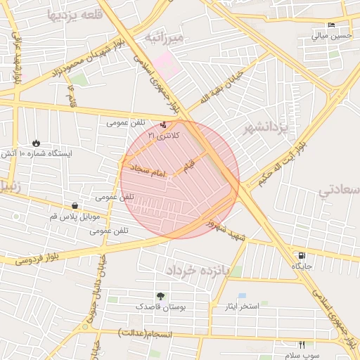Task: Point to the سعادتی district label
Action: (x=339, y=190)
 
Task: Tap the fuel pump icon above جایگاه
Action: (x=302, y=256)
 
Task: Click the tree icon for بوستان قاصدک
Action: (x=161, y=297)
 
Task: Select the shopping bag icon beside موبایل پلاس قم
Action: (x=75, y=205)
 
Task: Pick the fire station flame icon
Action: (x=37, y=143)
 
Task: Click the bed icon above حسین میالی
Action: (x=331, y=25)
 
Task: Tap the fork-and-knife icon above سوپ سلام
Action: (x=302, y=345)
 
